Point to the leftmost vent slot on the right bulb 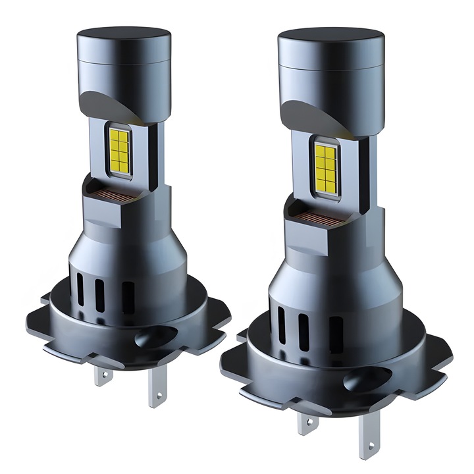[x=281, y=315]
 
